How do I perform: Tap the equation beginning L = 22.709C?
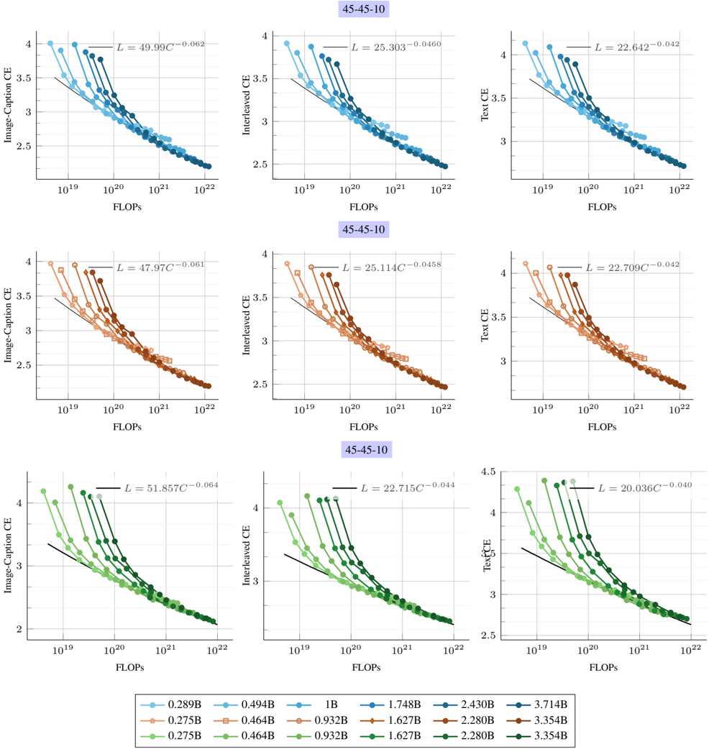[631, 267]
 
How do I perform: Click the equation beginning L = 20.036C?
[645, 488]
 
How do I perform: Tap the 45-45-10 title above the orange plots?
[366, 229]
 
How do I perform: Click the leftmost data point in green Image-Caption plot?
[43, 492]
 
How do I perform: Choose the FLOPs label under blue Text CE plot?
[602, 206]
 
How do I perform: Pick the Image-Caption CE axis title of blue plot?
[9, 104]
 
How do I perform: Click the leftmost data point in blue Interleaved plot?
[286, 43]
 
